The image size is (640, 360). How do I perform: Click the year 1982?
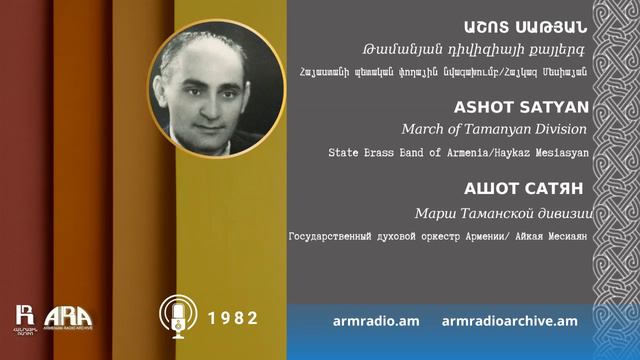point(234,318)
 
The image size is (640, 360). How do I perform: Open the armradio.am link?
point(375,320)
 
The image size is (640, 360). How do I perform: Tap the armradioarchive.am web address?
point(509,320)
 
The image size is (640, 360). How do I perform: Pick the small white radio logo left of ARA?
point(26,316)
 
